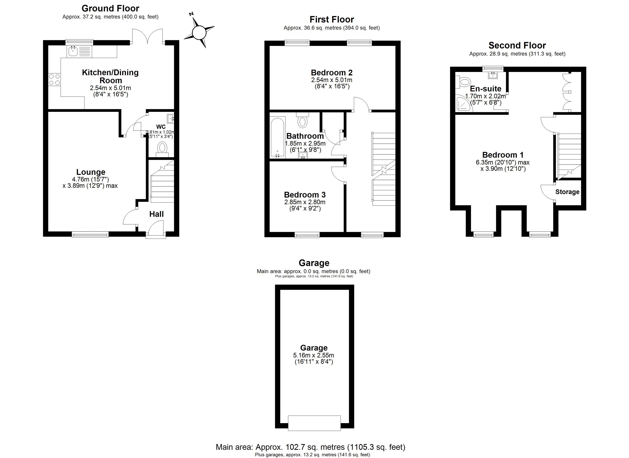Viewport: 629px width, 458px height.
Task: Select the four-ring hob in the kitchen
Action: pyautogui.click(x=54, y=79)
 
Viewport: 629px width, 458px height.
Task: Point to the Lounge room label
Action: pyautogui.click(x=91, y=172)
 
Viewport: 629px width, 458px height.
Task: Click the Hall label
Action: pyautogui.click(x=156, y=214)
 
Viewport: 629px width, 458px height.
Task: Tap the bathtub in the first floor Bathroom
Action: pyautogui.click(x=277, y=137)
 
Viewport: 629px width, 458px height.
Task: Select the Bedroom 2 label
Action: pyautogui.click(x=332, y=73)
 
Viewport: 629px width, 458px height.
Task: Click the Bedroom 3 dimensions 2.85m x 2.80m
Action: pyautogui.click(x=305, y=202)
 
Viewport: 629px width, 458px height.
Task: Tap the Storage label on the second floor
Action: pyautogui.click(x=567, y=192)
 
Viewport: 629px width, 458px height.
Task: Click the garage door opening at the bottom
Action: pyautogui.click(x=314, y=423)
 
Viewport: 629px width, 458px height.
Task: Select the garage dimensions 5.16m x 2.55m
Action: pyautogui.click(x=314, y=355)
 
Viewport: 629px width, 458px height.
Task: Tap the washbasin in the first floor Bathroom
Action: pyautogui.click(x=303, y=155)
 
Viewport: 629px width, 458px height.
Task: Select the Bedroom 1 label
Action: pyautogui.click(x=503, y=155)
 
